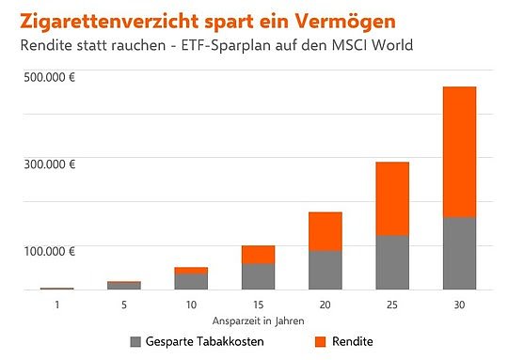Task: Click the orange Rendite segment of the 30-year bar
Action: click(x=459, y=151)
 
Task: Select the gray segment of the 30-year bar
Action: click(x=459, y=253)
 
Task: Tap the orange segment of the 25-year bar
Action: click(x=392, y=198)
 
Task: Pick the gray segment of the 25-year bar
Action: click(x=392, y=262)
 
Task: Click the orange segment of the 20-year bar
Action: click(x=325, y=231)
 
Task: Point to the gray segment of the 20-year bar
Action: click(x=325, y=270)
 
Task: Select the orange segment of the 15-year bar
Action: click(x=258, y=254)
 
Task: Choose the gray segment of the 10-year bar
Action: click(x=191, y=281)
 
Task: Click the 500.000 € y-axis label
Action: click(x=50, y=76)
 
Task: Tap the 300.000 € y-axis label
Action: click(x=50, y=164)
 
